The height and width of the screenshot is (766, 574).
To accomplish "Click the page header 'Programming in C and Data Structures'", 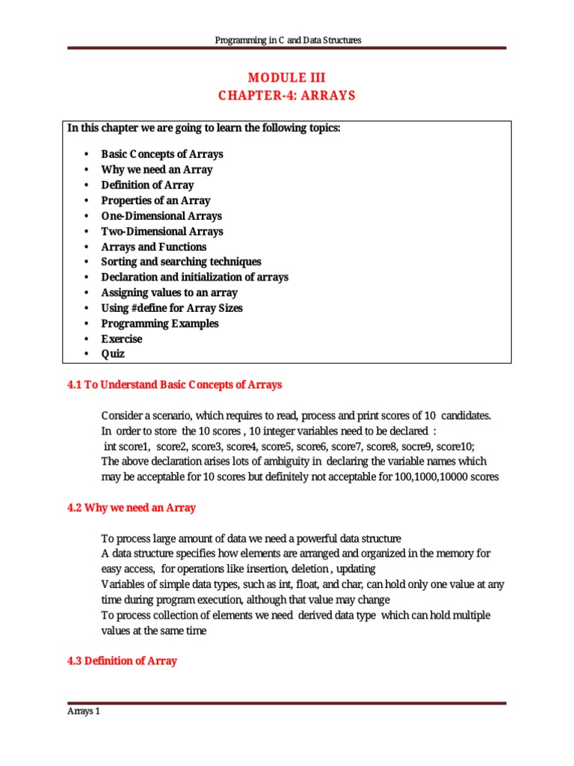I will [287, 40].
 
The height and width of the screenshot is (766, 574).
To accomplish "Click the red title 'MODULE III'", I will [287, 78].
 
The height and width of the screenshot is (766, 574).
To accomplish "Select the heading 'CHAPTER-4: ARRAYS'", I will [287, 96].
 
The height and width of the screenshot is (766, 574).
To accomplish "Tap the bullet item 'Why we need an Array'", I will [156, 170].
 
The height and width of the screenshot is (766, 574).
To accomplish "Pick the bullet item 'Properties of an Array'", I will [155, 200].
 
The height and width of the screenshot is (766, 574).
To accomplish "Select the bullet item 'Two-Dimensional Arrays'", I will [161, 231].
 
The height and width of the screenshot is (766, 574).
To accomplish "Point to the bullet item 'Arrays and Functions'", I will [153, 247].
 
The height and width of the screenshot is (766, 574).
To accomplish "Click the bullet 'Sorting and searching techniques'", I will [181, 262].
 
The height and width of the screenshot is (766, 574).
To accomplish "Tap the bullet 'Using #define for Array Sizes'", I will [172, 308].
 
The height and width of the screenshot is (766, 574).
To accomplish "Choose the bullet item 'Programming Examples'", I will [160, 323].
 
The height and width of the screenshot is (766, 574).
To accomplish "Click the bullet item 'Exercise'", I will [121, 339].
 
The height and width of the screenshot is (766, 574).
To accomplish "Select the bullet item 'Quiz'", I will [113, 354].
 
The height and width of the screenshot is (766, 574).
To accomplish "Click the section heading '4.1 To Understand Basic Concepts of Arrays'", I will [175, 385].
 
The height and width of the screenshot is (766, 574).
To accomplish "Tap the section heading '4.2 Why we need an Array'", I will [132, 508].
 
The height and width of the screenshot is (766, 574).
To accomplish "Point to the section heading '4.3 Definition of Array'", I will [123, 661].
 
